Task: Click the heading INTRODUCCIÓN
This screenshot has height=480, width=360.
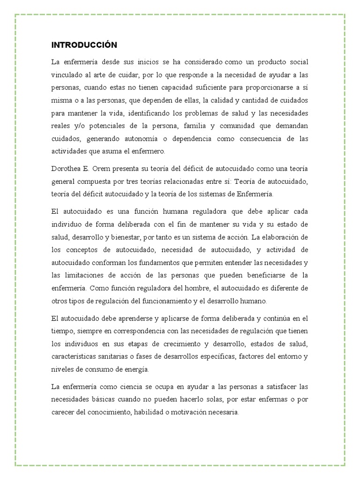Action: [x=84, y=45]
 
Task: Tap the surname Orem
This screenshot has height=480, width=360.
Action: [x=106, y=169]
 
